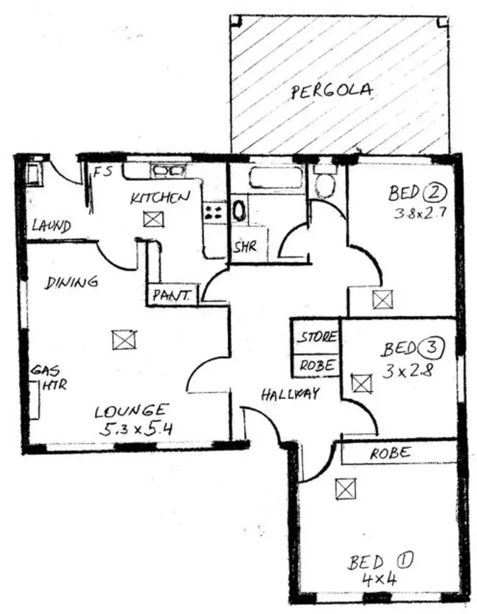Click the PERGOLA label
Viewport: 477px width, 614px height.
(332, 91)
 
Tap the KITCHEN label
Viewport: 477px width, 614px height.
(160, 197)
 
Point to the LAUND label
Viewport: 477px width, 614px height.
(52, 226)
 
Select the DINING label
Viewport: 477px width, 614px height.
(72, 282)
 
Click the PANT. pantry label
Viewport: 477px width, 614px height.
(172, 294)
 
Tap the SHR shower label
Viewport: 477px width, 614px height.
(244, 246)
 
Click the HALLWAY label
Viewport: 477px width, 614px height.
(290, 393)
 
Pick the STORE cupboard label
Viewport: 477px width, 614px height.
(317, 337)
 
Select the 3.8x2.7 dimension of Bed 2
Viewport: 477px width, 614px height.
(420, 213)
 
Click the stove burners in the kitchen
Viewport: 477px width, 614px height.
(214, 210)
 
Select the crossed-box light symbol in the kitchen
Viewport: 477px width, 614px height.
(152, 219)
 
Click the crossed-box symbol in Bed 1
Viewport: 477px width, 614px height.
(344, 489)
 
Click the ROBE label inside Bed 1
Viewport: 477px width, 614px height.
(390, 453)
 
